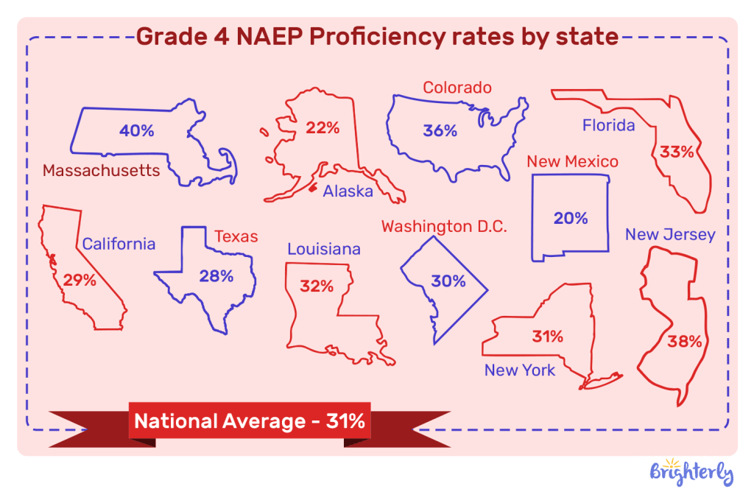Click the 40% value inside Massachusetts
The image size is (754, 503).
[137, 131]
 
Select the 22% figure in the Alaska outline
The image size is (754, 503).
[323, 128]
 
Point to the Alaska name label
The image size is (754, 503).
[348, 191]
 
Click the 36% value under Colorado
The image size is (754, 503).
[440, 131]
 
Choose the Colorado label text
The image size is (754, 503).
[457, 88]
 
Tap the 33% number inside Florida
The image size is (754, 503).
[677, 152]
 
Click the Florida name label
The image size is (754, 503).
[608, 125]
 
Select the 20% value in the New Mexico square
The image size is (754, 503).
[571, 218]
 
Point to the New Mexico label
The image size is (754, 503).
[572, 161]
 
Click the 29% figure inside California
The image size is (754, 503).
[80, 281]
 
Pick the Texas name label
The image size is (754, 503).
[236, 236]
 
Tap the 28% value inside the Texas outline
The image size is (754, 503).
[216, 276]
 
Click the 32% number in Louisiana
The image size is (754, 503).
[317, 286]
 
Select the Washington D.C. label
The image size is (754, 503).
[444, 226]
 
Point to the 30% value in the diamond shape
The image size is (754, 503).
[448, 281]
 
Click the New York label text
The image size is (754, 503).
[520, 370]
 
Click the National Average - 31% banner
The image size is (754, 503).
[249, 422]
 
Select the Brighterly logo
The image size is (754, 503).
[691, 472]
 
